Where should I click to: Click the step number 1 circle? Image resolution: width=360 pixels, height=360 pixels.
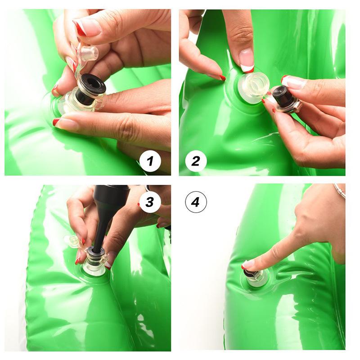coord(150,161)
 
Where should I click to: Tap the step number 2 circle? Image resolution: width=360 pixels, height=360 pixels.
coord(196,161)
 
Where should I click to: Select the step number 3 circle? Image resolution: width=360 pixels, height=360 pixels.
coord(150,202)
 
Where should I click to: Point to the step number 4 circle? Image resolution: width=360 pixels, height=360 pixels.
coord(196,202)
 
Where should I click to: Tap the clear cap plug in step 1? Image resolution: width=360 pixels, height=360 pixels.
coord(88,53)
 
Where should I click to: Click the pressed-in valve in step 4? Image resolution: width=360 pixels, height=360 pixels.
coord(255,278)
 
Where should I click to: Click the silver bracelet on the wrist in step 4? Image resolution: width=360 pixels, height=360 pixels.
coord(340,190)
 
